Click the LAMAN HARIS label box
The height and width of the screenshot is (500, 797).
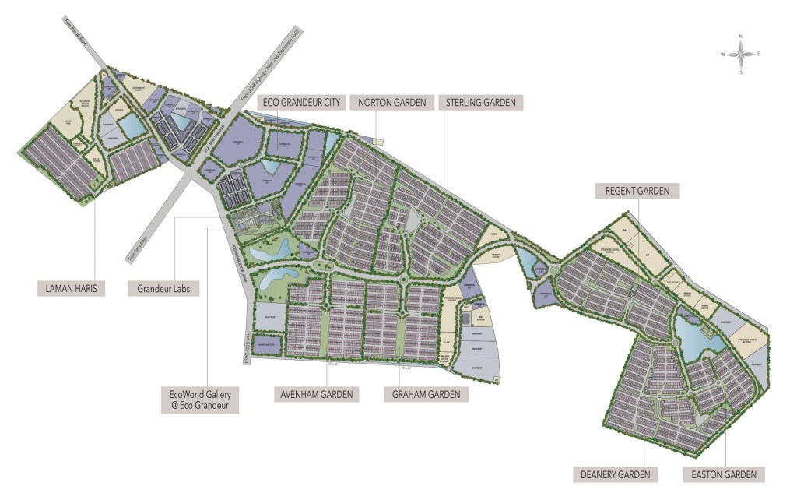[71, 288]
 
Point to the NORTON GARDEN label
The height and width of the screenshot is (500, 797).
[391, 102]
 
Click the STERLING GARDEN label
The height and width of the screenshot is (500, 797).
[481, 102]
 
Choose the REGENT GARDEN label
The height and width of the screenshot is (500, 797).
[637, 190]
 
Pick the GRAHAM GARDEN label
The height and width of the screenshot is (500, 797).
[427, 394]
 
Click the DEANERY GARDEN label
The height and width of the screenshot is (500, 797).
[615, 474]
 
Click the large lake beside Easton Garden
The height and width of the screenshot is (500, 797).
[689, 335]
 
